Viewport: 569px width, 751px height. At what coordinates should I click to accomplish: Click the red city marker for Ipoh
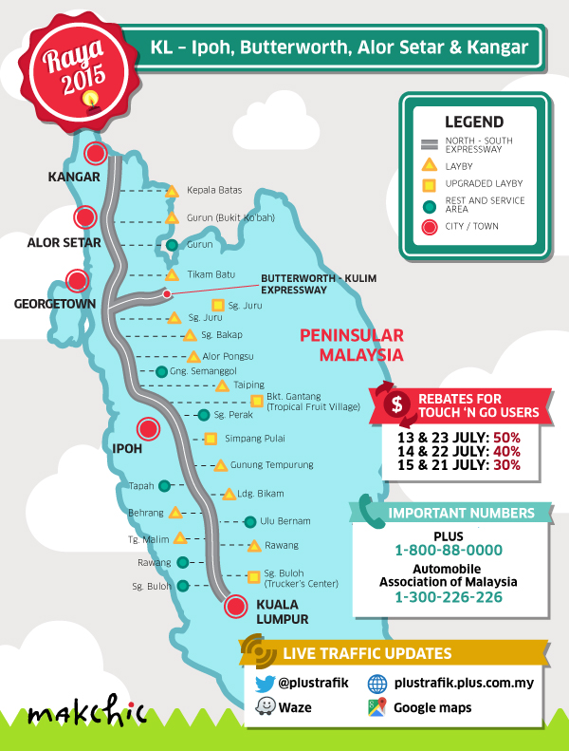(x=148, y=429)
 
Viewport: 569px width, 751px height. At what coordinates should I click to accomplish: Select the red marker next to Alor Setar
(x=86, y=217)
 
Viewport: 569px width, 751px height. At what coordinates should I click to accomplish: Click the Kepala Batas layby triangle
(x=173, y=191)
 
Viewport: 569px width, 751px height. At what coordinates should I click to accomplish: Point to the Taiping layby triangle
(x=222, y=385)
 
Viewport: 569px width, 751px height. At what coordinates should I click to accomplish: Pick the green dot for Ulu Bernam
(x=249, y=521)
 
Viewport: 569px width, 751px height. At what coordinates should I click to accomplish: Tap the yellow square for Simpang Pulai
(x=211, y=439)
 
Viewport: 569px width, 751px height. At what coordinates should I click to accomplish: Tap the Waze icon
(x=263, y=707)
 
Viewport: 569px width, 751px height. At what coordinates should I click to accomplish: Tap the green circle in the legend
(x=429, y=204)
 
